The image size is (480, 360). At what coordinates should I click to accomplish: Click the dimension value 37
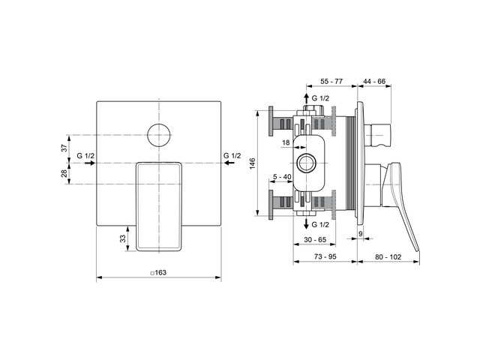tap(64, 148)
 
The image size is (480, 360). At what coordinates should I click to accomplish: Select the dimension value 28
tap(64, 174)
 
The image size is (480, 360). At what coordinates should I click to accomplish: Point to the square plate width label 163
tap(158, 273)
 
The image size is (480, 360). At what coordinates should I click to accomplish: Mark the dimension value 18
tap(286, 142)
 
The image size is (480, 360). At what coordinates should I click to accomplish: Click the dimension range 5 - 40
tap(283, 177)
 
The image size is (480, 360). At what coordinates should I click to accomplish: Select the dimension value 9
tap(361, 235)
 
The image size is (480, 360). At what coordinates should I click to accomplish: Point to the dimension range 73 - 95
tap(324, 256)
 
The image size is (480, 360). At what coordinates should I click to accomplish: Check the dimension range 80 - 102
tap(388, 256)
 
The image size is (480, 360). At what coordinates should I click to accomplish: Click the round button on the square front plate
tap(158, 134)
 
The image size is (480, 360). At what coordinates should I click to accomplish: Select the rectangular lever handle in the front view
tap(158, 205)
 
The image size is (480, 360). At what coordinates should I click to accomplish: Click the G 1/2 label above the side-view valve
tap(319, 98)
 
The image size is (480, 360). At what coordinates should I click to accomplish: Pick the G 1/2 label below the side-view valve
tap(319, 224)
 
